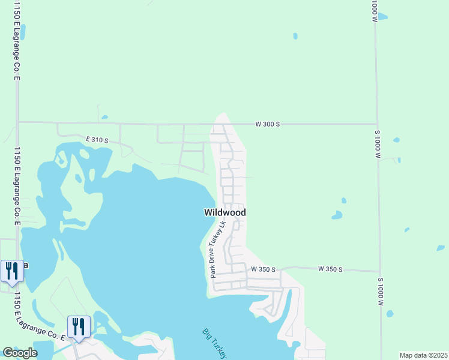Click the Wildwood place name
pos(224,212)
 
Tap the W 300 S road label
pos(268,124)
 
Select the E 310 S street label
pos(97,140)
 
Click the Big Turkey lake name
pos(215,343)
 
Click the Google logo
pos(20,353)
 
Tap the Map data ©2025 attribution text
pos(423,355)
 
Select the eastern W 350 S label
pos(330,269)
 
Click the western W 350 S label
pos(263,269)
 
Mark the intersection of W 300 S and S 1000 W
pos(377,124)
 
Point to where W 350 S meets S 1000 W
pos(379,271)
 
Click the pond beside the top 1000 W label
pos(382,17)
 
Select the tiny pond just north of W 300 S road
pos(104,117)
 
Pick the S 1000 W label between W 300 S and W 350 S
pos(378,143)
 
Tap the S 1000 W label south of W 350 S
pos(381,292)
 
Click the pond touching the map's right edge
pos(441,248)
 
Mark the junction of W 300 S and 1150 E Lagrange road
pos(18,122)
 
